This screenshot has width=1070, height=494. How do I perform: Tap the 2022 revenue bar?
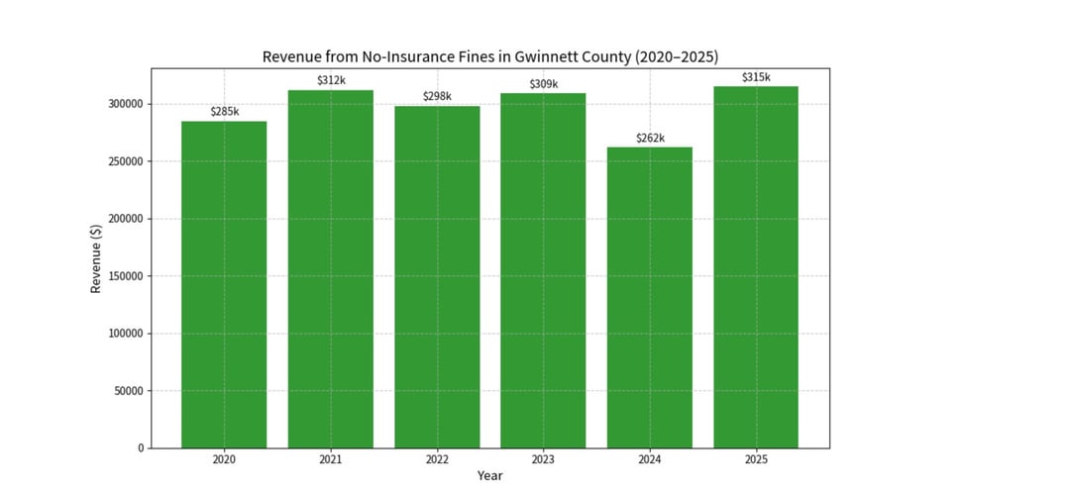(437, 277)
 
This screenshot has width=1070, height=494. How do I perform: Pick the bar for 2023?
(543, 271)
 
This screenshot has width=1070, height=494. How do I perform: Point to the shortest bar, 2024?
(650, 298)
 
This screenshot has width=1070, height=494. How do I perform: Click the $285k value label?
(224, 112)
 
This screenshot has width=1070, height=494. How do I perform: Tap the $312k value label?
(331, 80)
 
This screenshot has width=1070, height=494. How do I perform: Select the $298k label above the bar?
(437, 96)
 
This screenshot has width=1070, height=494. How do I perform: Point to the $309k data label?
(543, 84)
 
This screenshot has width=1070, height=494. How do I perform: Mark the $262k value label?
(650, 138)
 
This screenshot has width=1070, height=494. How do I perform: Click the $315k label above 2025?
(756, 77)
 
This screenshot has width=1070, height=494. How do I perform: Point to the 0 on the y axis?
(141, 448)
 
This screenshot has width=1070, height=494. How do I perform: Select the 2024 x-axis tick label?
(650, 459)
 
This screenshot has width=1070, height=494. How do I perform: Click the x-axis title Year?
(489, 476)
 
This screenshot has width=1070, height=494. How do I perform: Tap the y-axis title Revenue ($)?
(96, 257)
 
